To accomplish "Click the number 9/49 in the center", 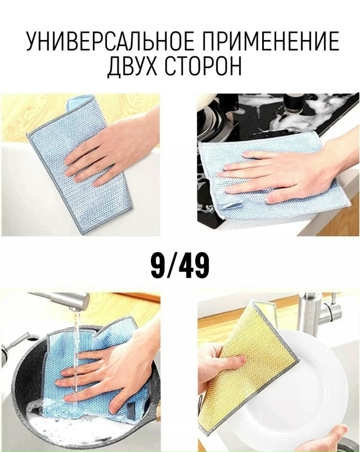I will pyautogui.click(x=180, y=266).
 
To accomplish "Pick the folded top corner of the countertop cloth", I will pyautogui.click(x=79, y=104).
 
